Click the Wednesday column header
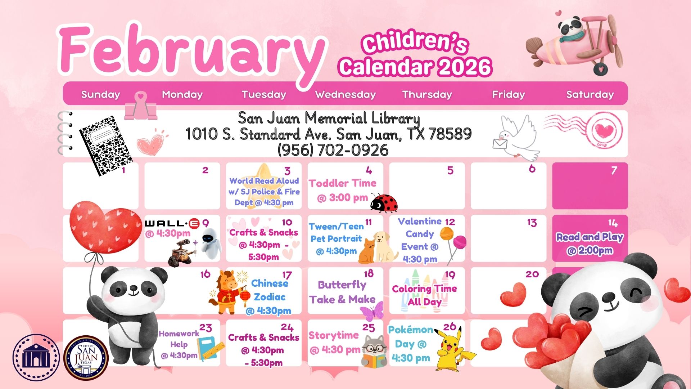345,94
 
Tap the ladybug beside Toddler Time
384,202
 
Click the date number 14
613,223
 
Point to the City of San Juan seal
86,358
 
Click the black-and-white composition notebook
105,145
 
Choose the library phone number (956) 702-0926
333,150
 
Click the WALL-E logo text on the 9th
172,224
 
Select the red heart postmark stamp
604,131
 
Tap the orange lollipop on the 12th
447,234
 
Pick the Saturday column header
590,94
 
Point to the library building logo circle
36,358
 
